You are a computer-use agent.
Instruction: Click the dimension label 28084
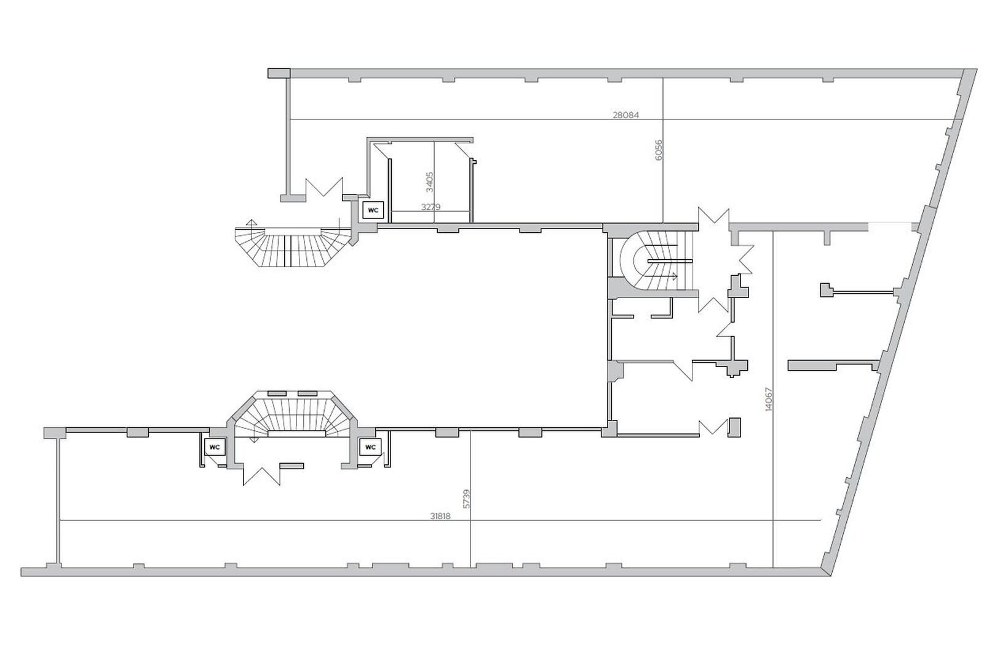coord(625,115)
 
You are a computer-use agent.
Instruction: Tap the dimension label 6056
coord(659,150)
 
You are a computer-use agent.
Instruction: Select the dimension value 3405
coord(430,182)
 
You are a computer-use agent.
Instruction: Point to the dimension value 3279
coord(430,207)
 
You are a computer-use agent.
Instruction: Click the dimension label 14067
coord(768,399)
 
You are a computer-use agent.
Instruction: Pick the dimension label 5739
coord(467,499)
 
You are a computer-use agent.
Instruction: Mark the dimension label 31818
coord(440,516)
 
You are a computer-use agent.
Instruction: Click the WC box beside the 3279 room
coord(373,210)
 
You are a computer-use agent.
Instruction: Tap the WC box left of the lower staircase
coord(215,447)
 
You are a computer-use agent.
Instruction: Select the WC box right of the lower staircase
coord(370,447)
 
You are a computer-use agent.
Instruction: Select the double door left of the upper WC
coord(324,187)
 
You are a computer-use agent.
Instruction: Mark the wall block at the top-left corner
coord(279,73)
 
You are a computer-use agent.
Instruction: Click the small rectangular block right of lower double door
coord(292,466)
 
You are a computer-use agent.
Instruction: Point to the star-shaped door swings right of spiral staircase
coord(720,260)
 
